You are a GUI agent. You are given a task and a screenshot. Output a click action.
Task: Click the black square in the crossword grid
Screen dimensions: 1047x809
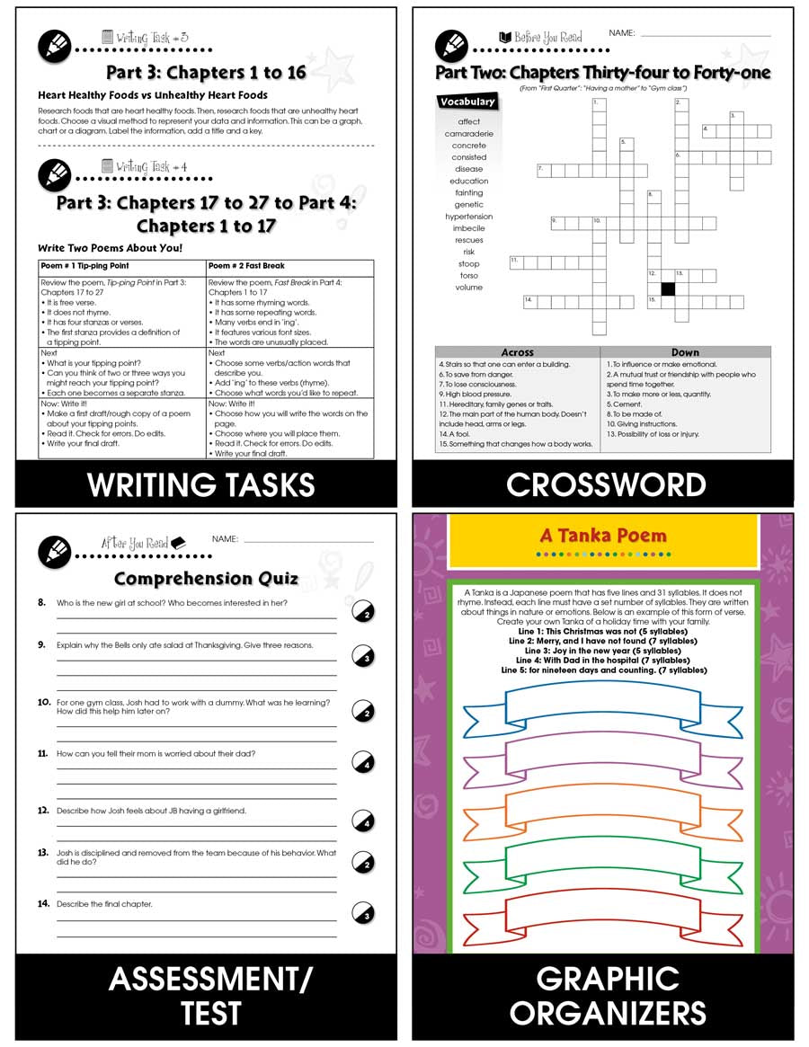668,288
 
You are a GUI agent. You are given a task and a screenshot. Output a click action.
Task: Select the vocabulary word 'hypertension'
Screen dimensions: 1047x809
468,217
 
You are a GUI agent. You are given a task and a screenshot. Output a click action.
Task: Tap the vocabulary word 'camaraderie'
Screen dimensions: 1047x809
468,134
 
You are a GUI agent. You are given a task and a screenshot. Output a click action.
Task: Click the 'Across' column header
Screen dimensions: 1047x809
517,352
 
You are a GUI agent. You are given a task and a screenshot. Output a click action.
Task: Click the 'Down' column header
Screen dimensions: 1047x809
685,352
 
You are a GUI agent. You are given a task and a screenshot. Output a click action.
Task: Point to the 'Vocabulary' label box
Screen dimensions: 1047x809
467,102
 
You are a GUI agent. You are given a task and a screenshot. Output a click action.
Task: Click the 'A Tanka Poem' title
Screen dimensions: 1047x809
603,536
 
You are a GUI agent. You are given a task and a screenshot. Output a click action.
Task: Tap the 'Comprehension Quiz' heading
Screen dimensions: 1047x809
206,578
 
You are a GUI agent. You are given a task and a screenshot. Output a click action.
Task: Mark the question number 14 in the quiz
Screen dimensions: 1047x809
42,903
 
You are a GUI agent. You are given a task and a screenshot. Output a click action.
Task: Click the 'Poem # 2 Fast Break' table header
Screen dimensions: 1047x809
244,267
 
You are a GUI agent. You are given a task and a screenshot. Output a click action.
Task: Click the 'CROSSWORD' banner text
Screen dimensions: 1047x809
605,485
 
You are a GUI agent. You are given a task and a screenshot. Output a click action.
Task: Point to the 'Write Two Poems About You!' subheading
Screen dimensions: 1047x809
110,248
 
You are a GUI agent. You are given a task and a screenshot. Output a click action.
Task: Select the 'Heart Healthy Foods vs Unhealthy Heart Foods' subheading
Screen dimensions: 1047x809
152,95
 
